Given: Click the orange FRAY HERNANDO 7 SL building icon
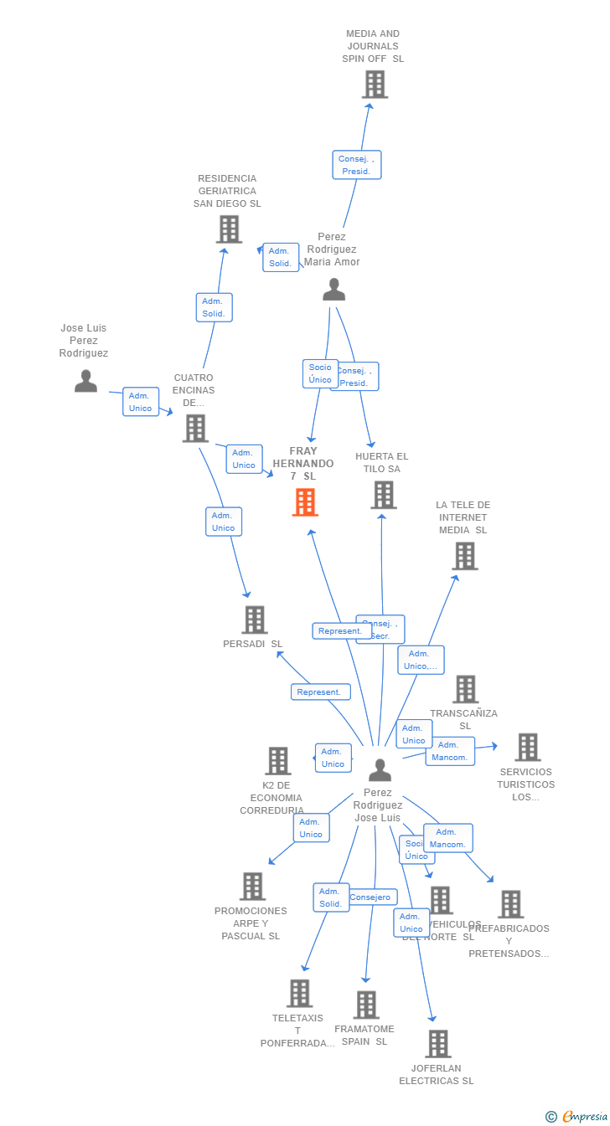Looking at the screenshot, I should tap(305, 502).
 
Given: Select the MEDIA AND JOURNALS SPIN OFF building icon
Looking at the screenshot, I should tap(375, 85).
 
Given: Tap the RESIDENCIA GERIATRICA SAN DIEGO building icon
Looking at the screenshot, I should tap(229, 229).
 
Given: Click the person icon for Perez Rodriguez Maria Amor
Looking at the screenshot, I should tap(333, 290).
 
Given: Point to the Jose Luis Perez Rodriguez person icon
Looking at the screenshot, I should tap(85, 381).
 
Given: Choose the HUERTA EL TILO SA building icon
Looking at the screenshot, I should tap(383, 495).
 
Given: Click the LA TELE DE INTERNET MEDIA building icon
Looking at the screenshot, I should tap(464, 556).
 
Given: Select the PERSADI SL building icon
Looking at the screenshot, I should tap(254, 620).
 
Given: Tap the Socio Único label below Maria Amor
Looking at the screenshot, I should tap(320, 373).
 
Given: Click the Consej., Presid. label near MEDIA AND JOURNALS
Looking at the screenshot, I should tap(357, 165).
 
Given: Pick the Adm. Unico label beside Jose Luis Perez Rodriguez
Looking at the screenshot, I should tap(141, 402).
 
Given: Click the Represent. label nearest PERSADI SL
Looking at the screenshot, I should tap(320, 692).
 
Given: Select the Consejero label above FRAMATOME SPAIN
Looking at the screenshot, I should tap(370, 897).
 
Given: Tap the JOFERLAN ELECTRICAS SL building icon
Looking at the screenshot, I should tap(437, 1044).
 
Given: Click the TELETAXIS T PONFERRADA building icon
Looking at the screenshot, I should tap(299, 994).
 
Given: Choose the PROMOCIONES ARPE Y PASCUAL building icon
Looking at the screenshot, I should tap(252, 887).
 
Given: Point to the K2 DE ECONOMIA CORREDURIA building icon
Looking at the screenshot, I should tap(277, 761).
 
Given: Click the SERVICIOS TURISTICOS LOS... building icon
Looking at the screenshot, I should tap(527, 747).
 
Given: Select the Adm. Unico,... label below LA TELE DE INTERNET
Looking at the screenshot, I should tap(421, 660).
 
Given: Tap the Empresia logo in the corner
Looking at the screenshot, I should tap(578, 1116).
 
